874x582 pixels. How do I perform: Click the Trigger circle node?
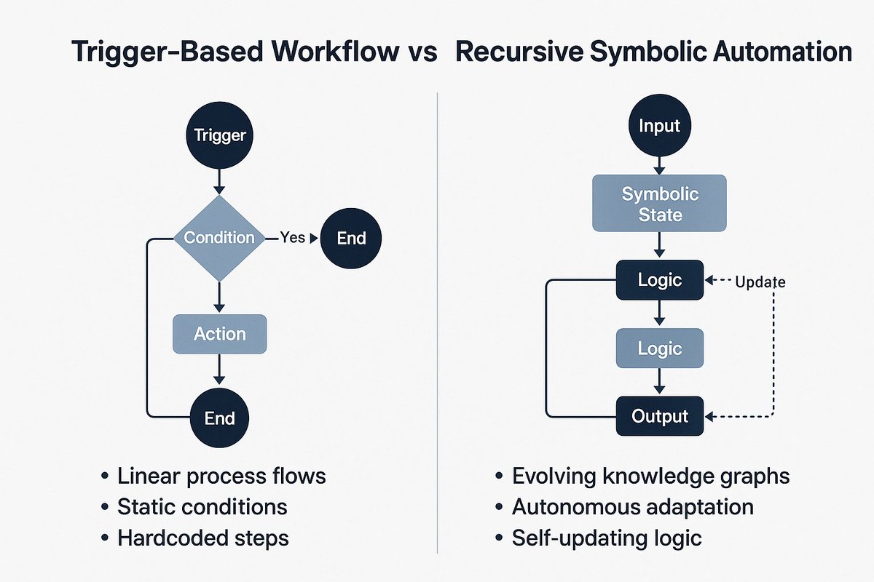[x=219, y=135]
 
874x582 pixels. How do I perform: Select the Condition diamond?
[x=219, y=238]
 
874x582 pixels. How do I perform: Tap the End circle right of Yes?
[x=351, y=238]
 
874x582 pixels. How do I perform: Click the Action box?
[x=220, y=334]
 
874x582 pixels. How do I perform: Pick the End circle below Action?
[x=219, y=418]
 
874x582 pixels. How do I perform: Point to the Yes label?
[x=292, y=237]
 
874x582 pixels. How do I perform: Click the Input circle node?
[x=659, y=126]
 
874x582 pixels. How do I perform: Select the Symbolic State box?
[x=659, y=203]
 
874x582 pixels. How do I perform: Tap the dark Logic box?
[x=660, y=280]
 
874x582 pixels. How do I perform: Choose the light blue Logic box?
[x=660, y=348]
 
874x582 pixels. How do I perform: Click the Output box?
[x=660, y=416]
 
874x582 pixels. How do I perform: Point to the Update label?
[x=760, y=282]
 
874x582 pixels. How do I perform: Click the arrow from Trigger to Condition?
[x=219, y=182]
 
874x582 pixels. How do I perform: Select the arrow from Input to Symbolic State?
[x=659, y=166]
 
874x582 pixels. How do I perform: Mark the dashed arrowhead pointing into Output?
[x=709, y=417]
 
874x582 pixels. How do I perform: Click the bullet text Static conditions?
[x=202, y=507]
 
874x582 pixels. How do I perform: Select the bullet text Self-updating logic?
[x=607, y=538]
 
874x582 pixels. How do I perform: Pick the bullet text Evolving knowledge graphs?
[x=651, y=477]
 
